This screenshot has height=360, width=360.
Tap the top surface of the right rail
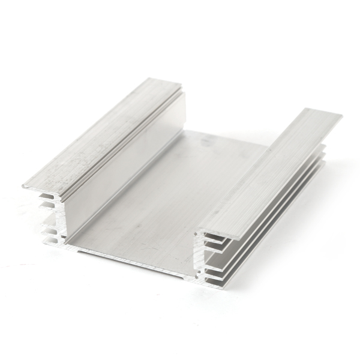pyautogui.click(x=276, y=168)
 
